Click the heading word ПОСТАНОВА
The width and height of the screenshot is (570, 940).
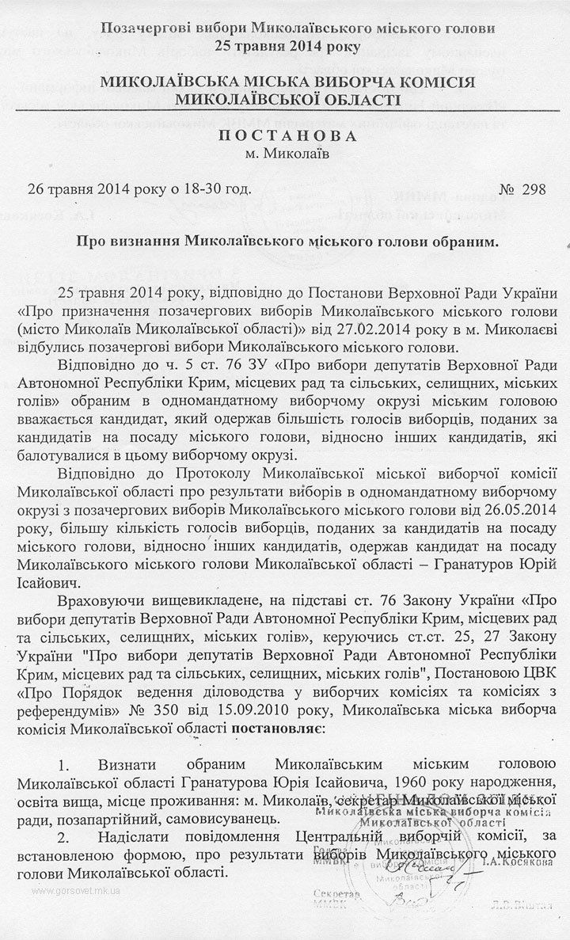tap(284, 136)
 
